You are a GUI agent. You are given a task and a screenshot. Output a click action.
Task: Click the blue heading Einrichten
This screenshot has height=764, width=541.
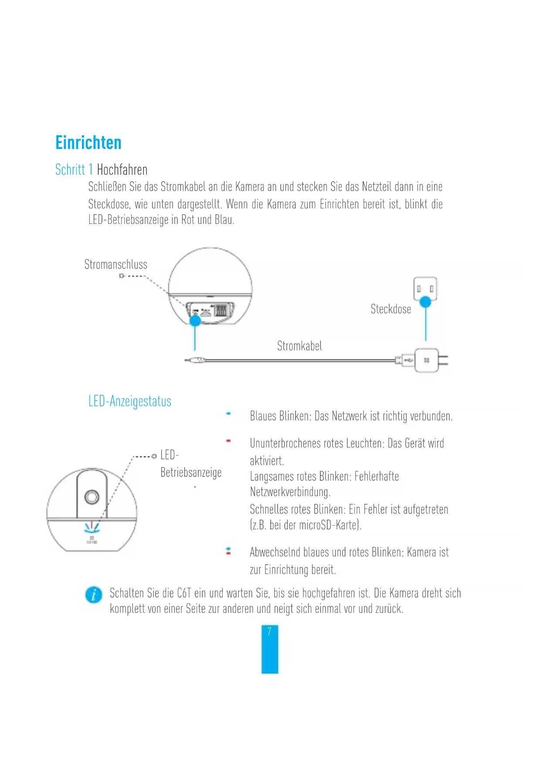click(88, 143)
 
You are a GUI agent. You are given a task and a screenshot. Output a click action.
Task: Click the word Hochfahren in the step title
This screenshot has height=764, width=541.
click(122, 169)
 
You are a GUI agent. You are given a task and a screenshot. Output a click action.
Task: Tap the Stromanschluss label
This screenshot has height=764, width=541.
click(116, 264)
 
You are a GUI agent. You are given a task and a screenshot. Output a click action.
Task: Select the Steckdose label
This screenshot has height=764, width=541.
click(391, 309)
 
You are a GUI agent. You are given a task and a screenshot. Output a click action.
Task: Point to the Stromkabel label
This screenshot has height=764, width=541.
click(299, 346)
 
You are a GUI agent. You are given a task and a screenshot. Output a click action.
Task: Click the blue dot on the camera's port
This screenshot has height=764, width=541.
click(195, 320)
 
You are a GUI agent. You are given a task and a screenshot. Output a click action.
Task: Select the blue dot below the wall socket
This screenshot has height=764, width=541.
click(425, 301)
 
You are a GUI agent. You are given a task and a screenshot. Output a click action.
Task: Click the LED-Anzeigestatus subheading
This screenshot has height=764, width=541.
click(130, 401)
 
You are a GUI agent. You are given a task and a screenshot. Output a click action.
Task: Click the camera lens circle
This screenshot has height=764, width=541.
click(92, 497)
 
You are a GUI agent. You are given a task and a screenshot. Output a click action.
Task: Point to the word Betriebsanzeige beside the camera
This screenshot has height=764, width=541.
click(191, 472)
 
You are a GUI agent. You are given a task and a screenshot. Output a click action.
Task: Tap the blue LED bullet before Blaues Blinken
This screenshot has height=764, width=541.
click(228, 414)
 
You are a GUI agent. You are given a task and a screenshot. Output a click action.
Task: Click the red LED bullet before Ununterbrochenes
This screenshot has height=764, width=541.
click(228, 441)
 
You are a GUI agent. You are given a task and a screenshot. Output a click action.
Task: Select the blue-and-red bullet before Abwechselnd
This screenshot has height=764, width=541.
click(228, 551)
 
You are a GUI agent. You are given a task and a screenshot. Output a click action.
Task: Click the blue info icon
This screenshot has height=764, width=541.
click(94, 595)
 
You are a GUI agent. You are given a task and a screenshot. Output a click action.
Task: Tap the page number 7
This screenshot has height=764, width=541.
click(269, 631)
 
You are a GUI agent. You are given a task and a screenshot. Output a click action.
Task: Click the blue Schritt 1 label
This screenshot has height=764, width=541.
click(74, 169)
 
